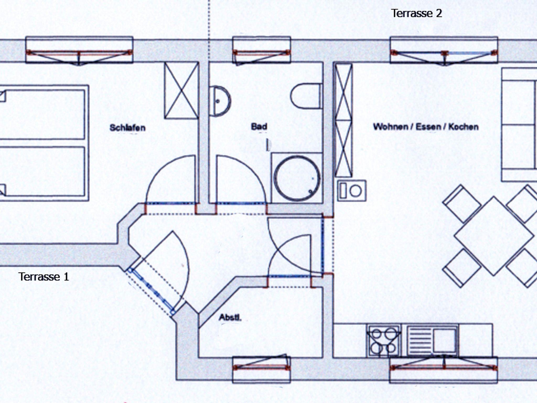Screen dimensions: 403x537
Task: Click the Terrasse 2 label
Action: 416,13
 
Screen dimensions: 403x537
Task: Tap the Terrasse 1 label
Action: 44,277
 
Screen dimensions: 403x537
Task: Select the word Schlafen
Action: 127,128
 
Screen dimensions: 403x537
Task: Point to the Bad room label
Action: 259,127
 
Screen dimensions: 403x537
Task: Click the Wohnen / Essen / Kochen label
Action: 426,127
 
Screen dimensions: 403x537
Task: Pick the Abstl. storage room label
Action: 230,318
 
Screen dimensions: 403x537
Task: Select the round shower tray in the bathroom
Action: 297,178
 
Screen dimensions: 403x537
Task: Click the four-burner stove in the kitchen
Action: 384,341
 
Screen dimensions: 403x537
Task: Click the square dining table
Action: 494,236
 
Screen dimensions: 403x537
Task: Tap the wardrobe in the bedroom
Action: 181,90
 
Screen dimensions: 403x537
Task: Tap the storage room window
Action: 262,368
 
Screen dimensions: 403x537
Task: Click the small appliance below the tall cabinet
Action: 352,191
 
